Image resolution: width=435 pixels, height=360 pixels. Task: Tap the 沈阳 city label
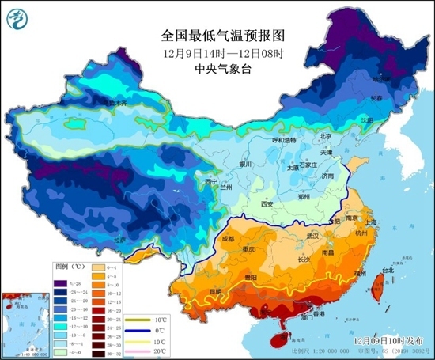coord(366,120)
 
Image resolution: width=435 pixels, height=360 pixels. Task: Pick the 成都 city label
coord(229,238)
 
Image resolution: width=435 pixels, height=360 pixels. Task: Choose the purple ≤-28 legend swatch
coord(60,282)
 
